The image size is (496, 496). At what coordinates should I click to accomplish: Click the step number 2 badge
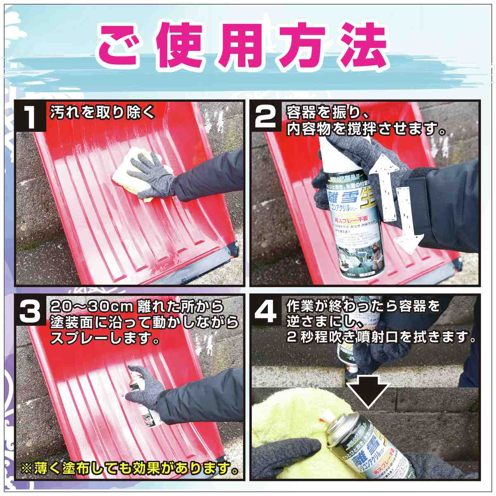coord(267,117)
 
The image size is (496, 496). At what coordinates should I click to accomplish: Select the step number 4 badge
coord(267,311)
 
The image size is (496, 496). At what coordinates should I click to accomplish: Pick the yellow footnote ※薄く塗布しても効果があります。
coord(130,469)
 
